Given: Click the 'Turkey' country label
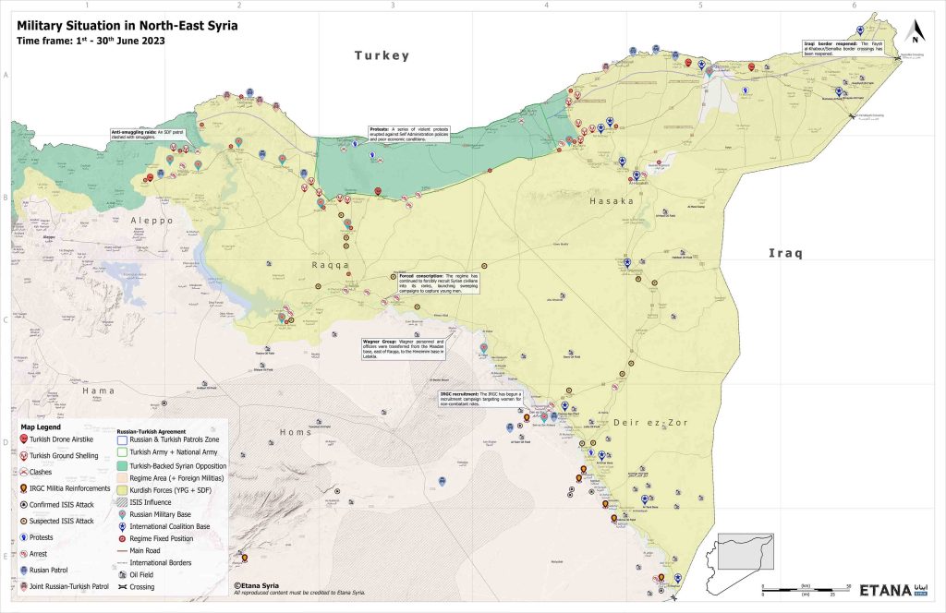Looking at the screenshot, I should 382,56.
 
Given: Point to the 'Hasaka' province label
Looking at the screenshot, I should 612,200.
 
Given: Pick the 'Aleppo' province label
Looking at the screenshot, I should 152,221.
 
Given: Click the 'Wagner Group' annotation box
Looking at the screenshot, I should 406,350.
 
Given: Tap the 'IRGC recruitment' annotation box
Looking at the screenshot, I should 495,398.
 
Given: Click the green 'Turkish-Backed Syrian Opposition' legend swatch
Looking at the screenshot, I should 124,466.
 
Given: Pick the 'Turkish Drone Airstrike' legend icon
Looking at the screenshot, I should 23,440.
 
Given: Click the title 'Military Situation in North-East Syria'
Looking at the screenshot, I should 127,26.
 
